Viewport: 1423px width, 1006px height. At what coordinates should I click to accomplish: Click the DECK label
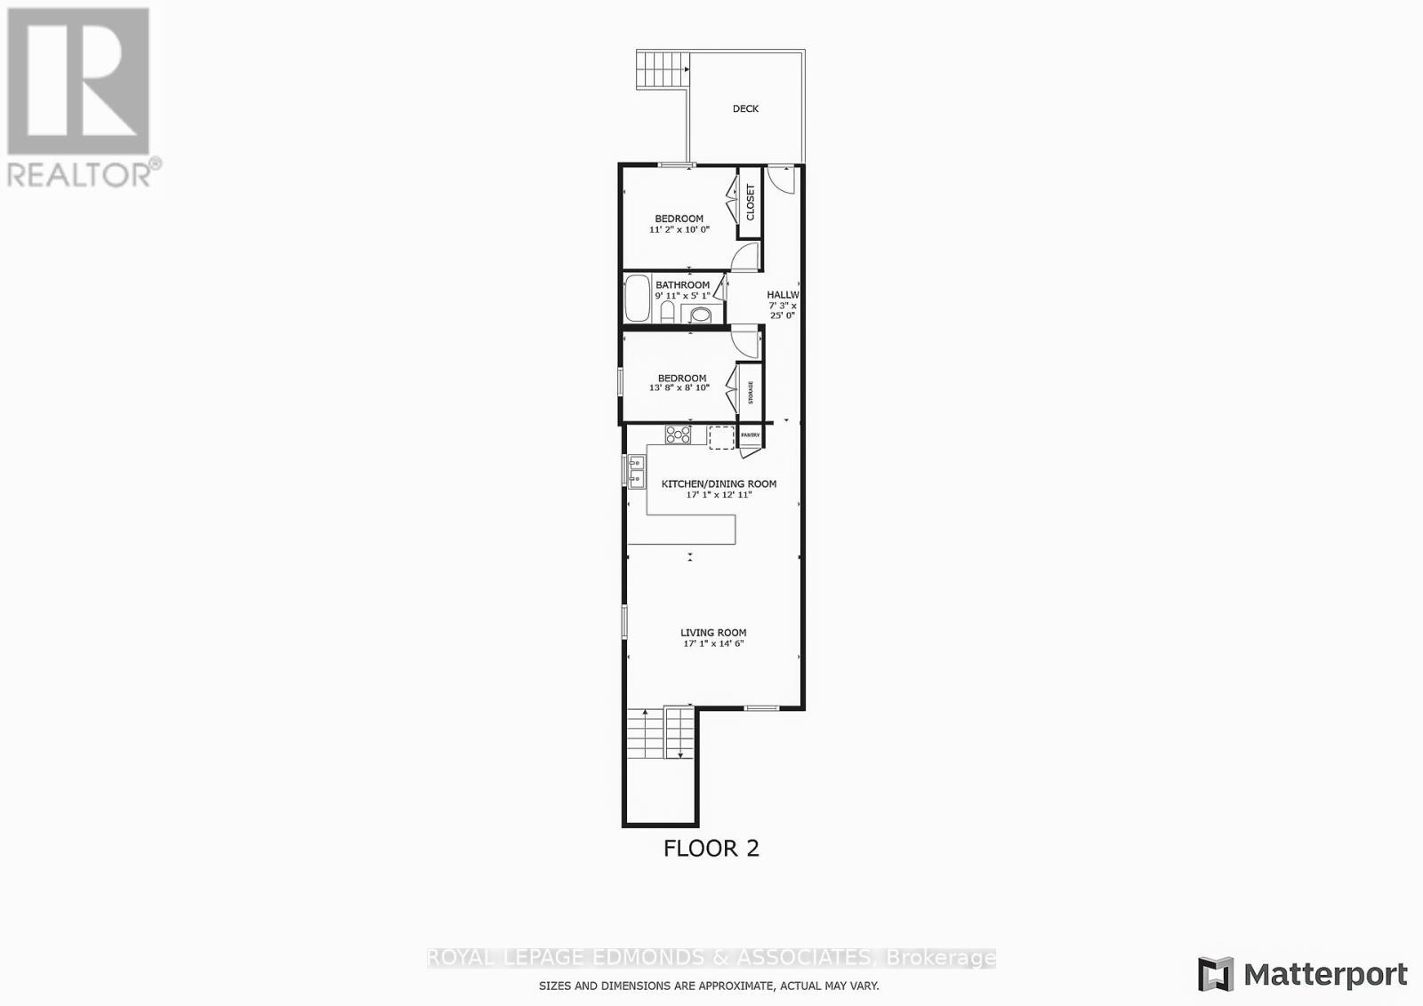(745, 108)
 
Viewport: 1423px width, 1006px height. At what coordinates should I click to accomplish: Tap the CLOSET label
(750, 203)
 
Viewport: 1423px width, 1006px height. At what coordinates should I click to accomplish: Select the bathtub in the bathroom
(637, 299)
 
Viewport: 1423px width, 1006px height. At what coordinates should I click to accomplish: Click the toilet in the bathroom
(667, 313)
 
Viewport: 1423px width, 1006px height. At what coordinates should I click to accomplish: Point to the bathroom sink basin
(702, 314)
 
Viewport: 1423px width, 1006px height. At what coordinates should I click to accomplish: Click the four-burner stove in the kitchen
(678, 435)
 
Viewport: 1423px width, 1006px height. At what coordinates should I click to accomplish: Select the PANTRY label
(750, 435)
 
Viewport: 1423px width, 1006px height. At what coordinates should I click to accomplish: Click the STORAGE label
(750, 392)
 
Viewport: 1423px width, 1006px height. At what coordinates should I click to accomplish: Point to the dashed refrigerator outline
(721, 436)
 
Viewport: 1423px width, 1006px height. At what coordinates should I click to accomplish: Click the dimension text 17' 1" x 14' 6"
(713, 643)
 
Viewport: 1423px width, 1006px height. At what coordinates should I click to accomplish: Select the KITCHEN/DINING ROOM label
(719, 483)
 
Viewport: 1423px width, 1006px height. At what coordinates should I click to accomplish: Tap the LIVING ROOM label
(713, 633)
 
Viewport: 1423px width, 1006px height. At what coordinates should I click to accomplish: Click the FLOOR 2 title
(711, 848)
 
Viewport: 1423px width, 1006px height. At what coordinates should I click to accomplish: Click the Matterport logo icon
(1216, 974)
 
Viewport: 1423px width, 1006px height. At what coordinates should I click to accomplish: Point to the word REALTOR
(80, 173)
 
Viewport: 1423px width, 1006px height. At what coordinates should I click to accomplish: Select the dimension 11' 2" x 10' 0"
(679, 229)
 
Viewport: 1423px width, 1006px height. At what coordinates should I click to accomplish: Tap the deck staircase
(663, 69)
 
